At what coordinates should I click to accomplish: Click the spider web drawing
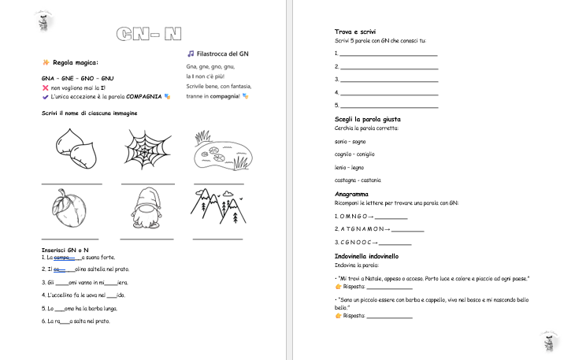pyautogui.click(x=147, y=150)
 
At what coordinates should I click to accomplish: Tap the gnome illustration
pyautogui.click(x=147, y=208)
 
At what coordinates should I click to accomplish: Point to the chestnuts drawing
pyautogui.click(x=76, y=150)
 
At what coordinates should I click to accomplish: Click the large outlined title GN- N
pyautogui.click(x=149, y=33)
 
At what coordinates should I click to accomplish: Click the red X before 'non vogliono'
pyautogui.click(x=45, y=88)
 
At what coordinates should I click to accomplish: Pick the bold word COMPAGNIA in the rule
pyautogui.click(x=143, y=96)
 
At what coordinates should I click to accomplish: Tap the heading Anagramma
pyautogui.click(x=352, y=194)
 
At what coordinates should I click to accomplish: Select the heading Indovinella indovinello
pyautogui.click(x=366, y=257)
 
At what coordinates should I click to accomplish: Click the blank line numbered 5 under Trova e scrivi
pyautogui.click(x=388, y=106)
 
